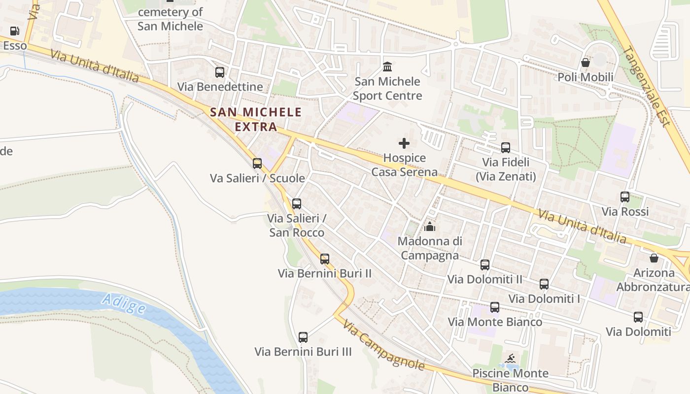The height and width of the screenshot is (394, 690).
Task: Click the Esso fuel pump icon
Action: coord(15,31)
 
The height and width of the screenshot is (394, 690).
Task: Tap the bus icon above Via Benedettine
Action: coord(220,72)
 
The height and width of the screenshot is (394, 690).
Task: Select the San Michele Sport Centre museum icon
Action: coord(387,66)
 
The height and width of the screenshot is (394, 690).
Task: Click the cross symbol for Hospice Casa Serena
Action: coord(404,143)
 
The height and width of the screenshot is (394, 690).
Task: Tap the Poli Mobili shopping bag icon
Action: coord(586,63)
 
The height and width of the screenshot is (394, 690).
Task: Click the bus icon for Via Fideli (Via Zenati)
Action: coord(506,147)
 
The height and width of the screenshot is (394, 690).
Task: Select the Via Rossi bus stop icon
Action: coord(625,197)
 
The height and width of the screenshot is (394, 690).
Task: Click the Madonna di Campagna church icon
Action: coord(430,227)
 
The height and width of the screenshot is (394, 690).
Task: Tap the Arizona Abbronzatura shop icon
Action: coord(654,258)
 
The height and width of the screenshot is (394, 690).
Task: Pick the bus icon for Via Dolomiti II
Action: coord(485,265)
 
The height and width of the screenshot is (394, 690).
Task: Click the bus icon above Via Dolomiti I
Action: coord(544,284)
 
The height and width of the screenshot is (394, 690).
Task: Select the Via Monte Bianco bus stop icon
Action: coord(495,307)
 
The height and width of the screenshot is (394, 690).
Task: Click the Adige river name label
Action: coord(124,303)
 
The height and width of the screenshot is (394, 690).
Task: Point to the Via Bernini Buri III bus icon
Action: coord(303,337)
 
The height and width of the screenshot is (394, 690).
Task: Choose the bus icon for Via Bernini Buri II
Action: coord(324,259)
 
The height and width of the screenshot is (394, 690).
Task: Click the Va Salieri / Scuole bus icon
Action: coord(257,164)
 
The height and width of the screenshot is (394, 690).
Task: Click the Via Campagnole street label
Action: coord(384,346)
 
